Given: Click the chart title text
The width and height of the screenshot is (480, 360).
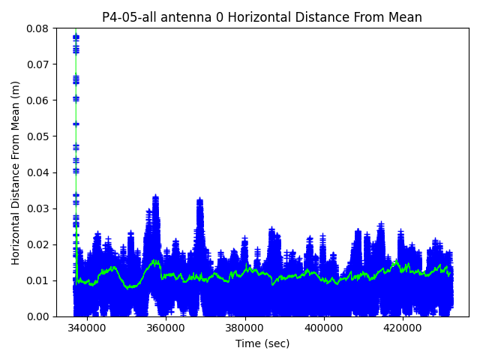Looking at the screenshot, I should point(262,17).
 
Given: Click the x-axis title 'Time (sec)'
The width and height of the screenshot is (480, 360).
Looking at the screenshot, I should point(262,343).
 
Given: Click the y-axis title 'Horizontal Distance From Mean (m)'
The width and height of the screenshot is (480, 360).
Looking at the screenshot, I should point(16,172).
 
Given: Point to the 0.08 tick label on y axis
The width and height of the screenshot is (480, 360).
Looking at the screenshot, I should point(38,28).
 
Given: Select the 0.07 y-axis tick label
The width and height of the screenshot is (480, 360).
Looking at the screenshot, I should point(38,64).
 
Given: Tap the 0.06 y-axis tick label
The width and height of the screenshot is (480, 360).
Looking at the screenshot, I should point(38,100).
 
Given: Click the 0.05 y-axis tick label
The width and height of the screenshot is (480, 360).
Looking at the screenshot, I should point(38,136).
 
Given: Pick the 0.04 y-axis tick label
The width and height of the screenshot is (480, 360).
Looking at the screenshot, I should point(38,172).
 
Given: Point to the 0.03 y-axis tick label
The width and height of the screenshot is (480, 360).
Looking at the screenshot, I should point(38,208).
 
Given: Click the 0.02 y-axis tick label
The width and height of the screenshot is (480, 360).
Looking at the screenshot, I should point(38,244).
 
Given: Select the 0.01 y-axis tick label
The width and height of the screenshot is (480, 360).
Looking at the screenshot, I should point(38,280).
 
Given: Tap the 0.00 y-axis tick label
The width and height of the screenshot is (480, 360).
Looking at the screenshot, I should point(38,316).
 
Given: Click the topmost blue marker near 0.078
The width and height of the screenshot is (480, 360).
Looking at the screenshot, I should point(76,36).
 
